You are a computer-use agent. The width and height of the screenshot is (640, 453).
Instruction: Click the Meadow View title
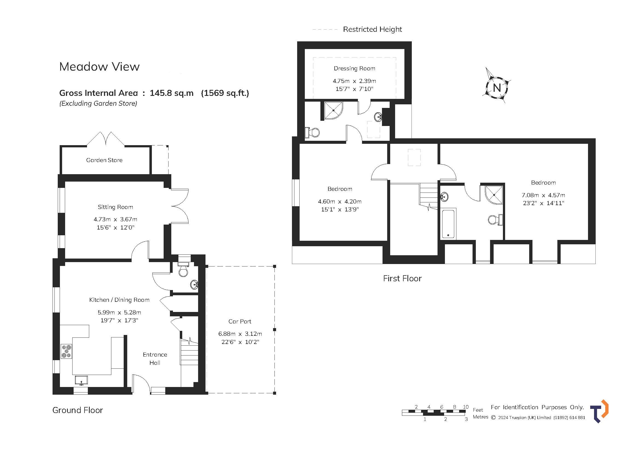tap(99, 67)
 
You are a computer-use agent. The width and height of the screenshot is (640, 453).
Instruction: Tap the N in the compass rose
tap(497, 88)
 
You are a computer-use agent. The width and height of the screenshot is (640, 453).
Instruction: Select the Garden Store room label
tap(104, 160)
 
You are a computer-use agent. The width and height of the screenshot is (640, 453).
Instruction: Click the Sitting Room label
tap(115, 207)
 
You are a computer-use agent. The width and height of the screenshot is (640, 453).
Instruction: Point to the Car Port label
tap(240, 321)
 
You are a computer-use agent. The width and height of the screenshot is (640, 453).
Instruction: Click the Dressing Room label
tap(354, 69)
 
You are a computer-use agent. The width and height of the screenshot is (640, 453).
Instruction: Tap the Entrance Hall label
tap(155, 359)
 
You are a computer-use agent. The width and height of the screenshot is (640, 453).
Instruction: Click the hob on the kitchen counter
tap(66, 351)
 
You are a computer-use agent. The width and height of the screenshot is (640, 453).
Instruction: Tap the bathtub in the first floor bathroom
tap(448, 224)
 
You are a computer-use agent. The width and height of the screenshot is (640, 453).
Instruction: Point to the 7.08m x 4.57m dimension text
tap(543, 195)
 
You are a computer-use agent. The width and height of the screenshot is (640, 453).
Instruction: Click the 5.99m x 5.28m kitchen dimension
tap(119, 312)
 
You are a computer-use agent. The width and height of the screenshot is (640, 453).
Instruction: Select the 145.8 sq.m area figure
tap(172, 93)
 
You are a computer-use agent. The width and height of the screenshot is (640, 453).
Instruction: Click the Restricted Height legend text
tap(372, 29)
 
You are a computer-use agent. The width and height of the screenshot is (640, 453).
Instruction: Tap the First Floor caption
tap(402, 278)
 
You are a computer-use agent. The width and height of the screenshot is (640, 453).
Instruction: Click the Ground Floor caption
tap(77, 410)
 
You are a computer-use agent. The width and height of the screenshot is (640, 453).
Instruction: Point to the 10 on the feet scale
tap(465, 407)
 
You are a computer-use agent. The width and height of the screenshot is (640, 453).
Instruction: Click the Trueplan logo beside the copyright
tap(599, 411)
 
